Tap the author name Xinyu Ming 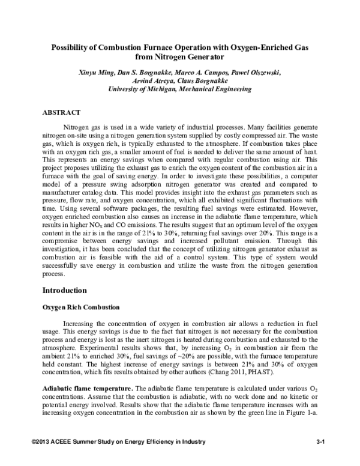(97, 72)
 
